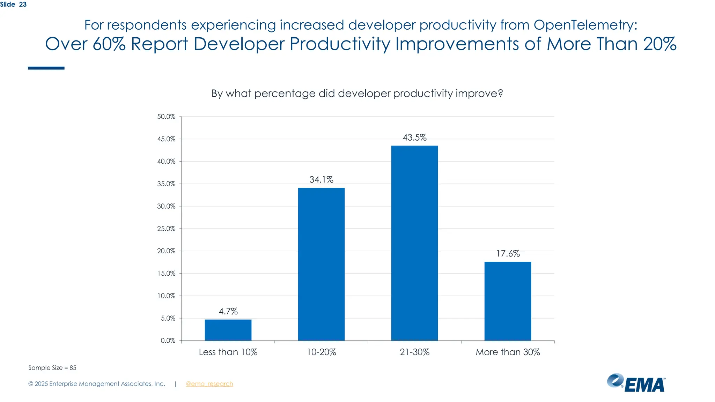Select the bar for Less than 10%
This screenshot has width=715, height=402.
tap(228, 330)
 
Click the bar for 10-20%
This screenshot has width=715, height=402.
tap(321, 264)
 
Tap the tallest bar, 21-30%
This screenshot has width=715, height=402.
tap(414, 243)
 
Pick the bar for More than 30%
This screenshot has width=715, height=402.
tap(508, 301)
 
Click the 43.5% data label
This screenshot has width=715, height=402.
tap(414, 137)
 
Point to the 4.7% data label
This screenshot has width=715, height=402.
tap(228, 311)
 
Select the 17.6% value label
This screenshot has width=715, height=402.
tap(508, 253)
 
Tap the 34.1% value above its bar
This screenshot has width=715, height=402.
tap(321, 180)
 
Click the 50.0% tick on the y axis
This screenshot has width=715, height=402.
tap(166, 117)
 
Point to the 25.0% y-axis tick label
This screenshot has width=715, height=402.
tap(166, 229)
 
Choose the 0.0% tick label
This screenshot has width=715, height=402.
tap(168, 341)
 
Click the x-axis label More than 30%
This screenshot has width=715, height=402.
tap(508, 352)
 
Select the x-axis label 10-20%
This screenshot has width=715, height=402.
tap(321, 352)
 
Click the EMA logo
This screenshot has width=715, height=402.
tap(636, 383)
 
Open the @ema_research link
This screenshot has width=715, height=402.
tap(209, 384)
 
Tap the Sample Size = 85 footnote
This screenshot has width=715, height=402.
tap(52, 368)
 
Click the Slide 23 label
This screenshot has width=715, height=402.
tap(13, 5)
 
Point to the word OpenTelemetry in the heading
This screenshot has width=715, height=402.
tap(585, 25)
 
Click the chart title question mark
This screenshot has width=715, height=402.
tap(500, 94)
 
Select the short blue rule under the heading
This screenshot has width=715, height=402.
tap(46, 68)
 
